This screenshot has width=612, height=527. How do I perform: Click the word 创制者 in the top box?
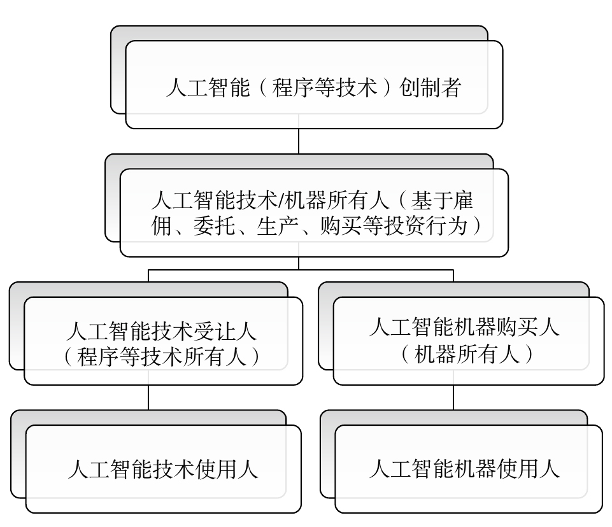pyautogui.click(x=431, y=87)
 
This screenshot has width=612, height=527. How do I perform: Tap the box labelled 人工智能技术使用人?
pyautogui.click(x=162, y=469)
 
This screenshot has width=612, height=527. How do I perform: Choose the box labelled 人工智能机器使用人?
pyautogui.click(x=468, y=469)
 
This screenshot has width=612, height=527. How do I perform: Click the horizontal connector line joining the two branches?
pyautogui.click(x=299, y=270)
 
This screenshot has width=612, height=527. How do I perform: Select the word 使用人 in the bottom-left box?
pyautogui.click(x=229, y=469)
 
